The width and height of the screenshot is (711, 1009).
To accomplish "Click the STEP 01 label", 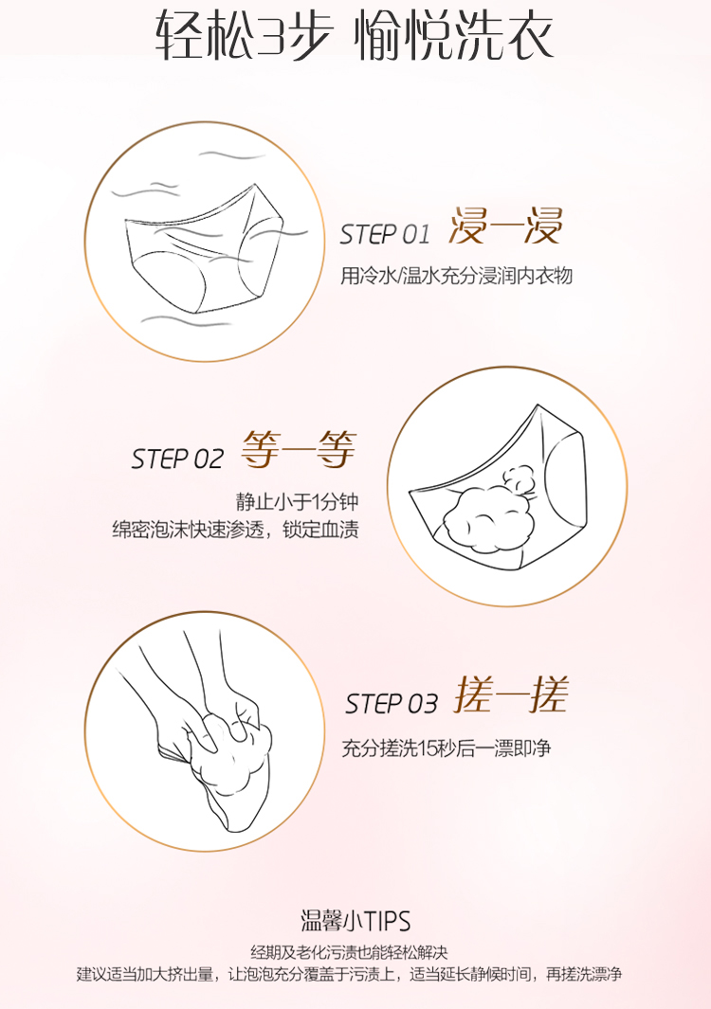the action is pos(385,234).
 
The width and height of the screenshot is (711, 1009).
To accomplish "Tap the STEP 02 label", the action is pos(177,459).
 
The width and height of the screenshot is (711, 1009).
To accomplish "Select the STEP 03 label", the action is pos(391,703).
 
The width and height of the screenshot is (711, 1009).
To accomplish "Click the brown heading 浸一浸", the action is pos(505,225).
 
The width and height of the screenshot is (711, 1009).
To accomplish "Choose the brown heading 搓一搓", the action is pos(511,694).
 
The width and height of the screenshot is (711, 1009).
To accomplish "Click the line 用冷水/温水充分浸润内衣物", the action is pos(456,276).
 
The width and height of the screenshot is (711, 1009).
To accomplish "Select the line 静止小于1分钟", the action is pos(297,501).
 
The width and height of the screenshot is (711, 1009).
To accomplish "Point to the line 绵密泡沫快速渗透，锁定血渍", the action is pos(235,529).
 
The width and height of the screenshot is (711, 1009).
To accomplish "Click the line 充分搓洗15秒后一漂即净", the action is pos(446,748).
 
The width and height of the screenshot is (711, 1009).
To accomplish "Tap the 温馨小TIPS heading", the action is pos(355,921).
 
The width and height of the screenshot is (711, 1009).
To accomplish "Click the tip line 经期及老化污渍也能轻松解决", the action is pos(349,952).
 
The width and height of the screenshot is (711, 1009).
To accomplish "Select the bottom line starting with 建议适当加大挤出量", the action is pos(349,974).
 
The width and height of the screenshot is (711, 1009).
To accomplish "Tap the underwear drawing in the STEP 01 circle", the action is pos(204,251).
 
